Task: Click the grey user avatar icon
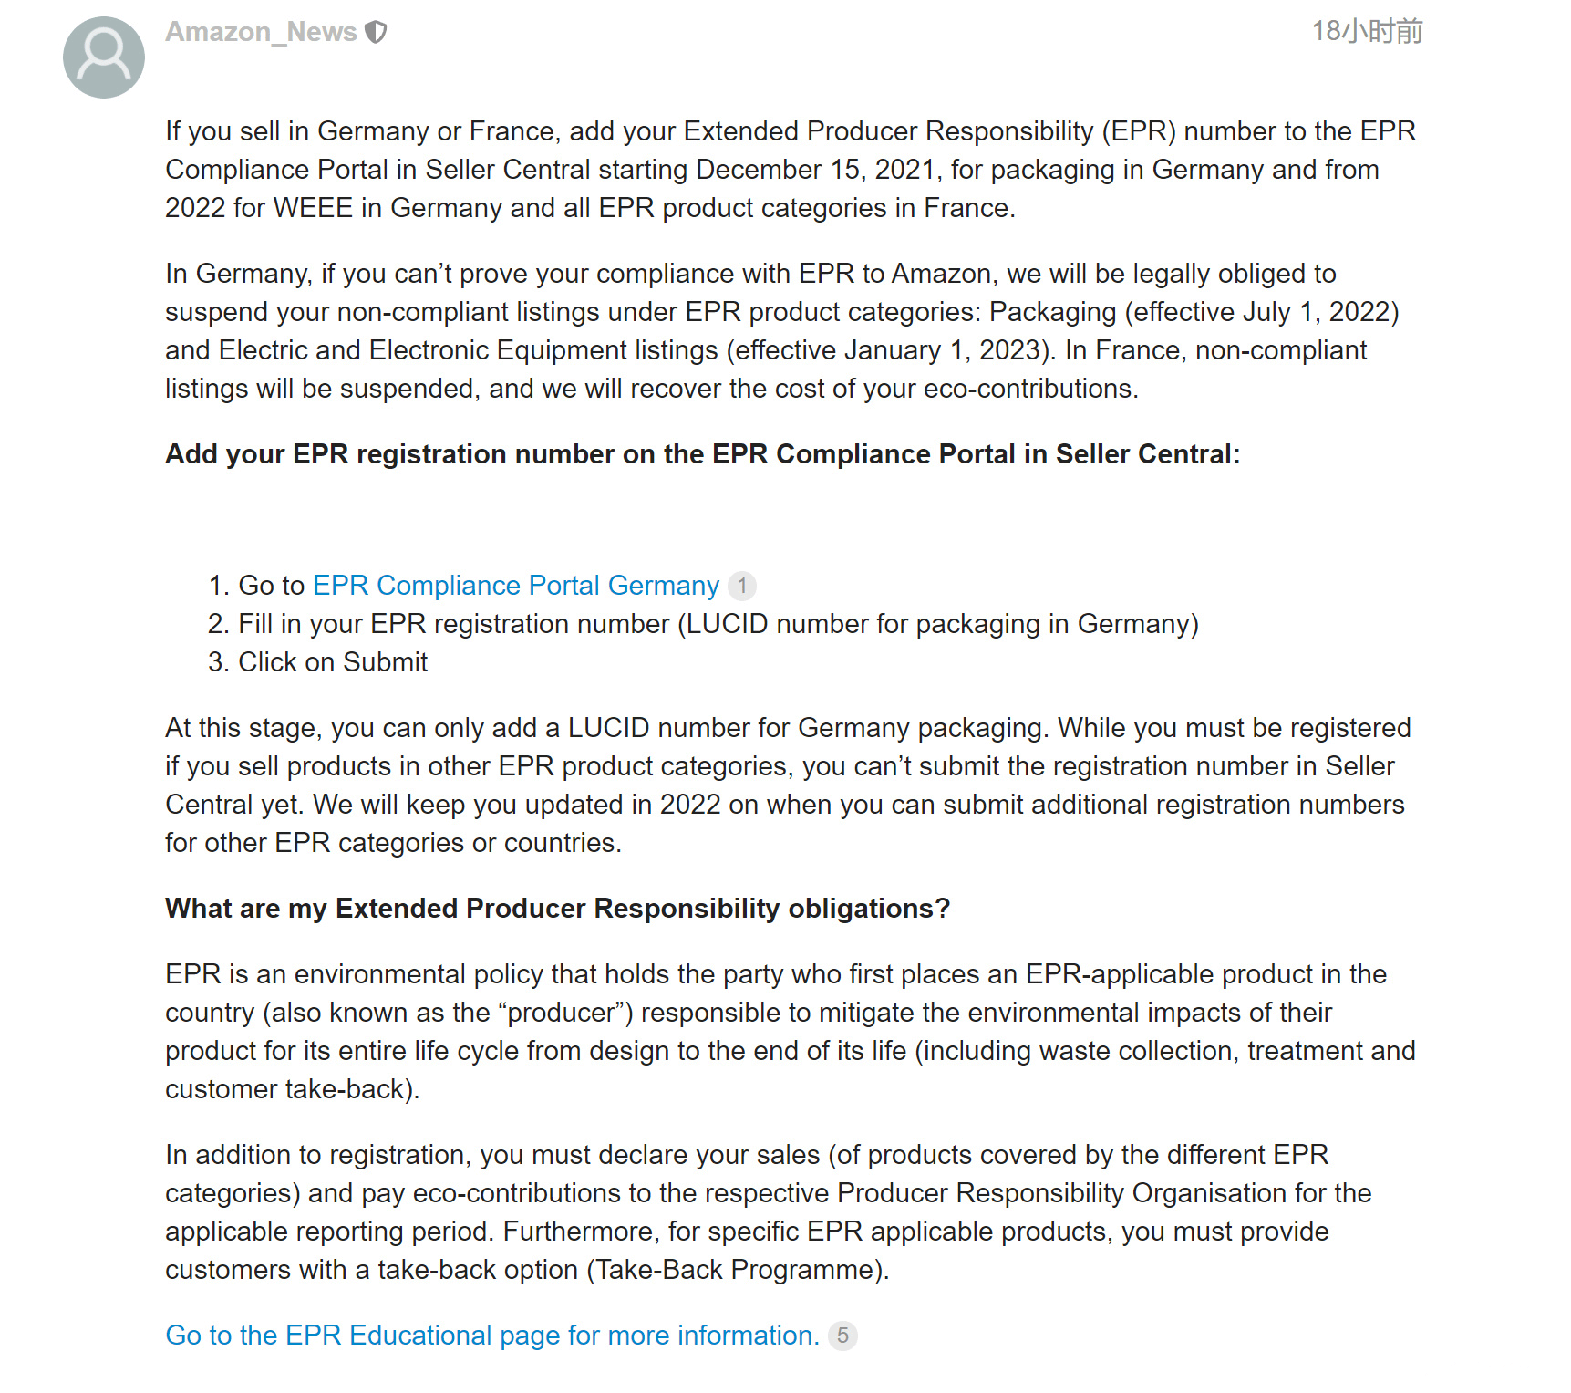click(103, 57)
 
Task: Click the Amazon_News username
click(260, 32)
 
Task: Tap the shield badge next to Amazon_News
click(376, 32)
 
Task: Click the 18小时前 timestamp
click(1366, 32)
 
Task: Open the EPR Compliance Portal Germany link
click(515, 586)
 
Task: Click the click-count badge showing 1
click(742, 586)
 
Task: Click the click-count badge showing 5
click(842, 1336)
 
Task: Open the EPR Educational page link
click(492, 1336)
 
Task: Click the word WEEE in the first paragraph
click(312, 208)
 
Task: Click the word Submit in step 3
click(385, 662)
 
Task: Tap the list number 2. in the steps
click(218, 624)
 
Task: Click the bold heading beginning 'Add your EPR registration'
click(702, 454)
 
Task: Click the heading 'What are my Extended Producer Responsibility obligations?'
click(557, 909)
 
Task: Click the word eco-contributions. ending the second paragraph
click(1030, 389)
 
